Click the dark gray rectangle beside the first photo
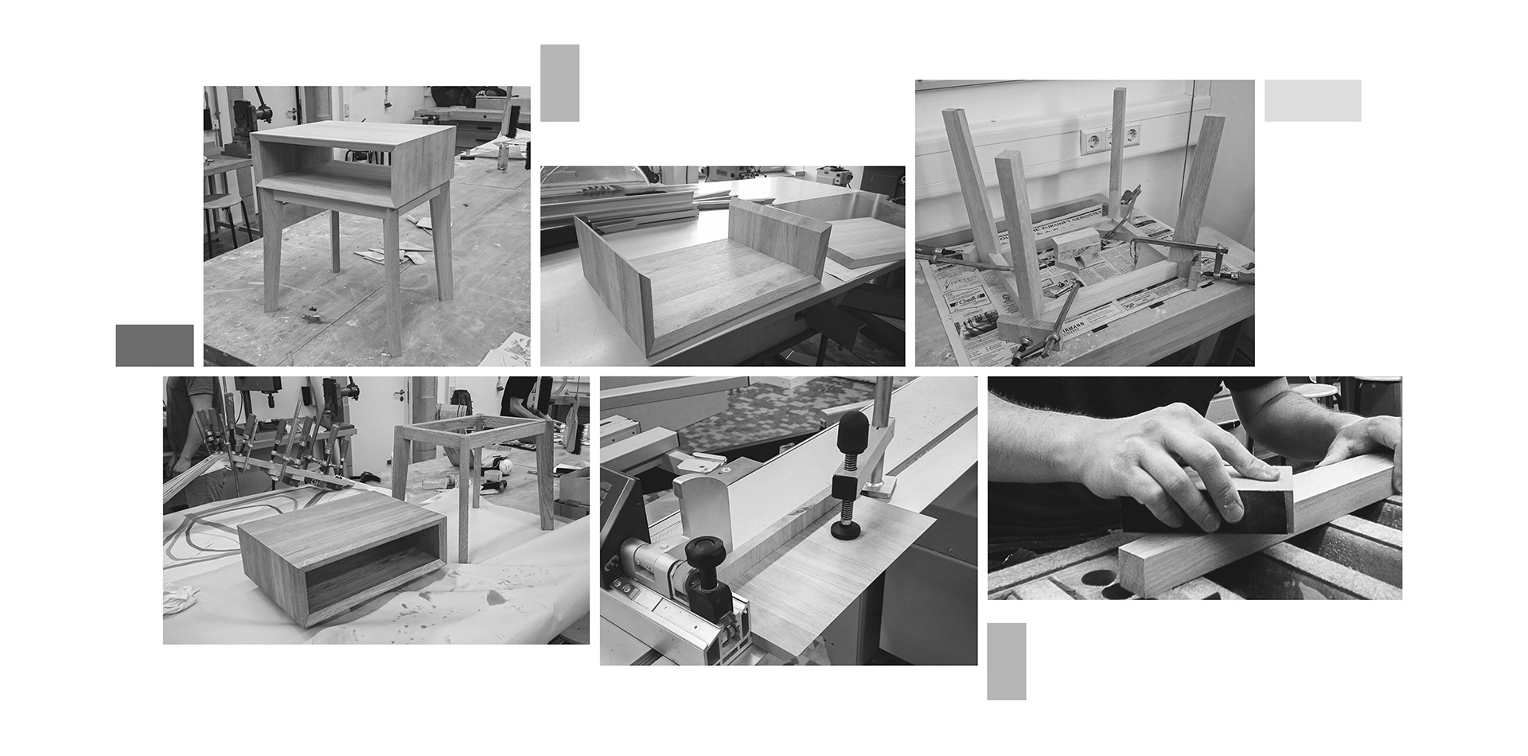(x=154, y=345)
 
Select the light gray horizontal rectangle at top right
(x=1312, y=100)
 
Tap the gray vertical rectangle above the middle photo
(x=559, y=83)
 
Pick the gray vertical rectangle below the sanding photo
(x=1006, y=661)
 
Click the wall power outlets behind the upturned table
(x=1109, y=140)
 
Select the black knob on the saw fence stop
(x=703, y=550)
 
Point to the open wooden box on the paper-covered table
(x=340, y=557)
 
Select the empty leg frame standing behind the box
(x=470, y=470)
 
